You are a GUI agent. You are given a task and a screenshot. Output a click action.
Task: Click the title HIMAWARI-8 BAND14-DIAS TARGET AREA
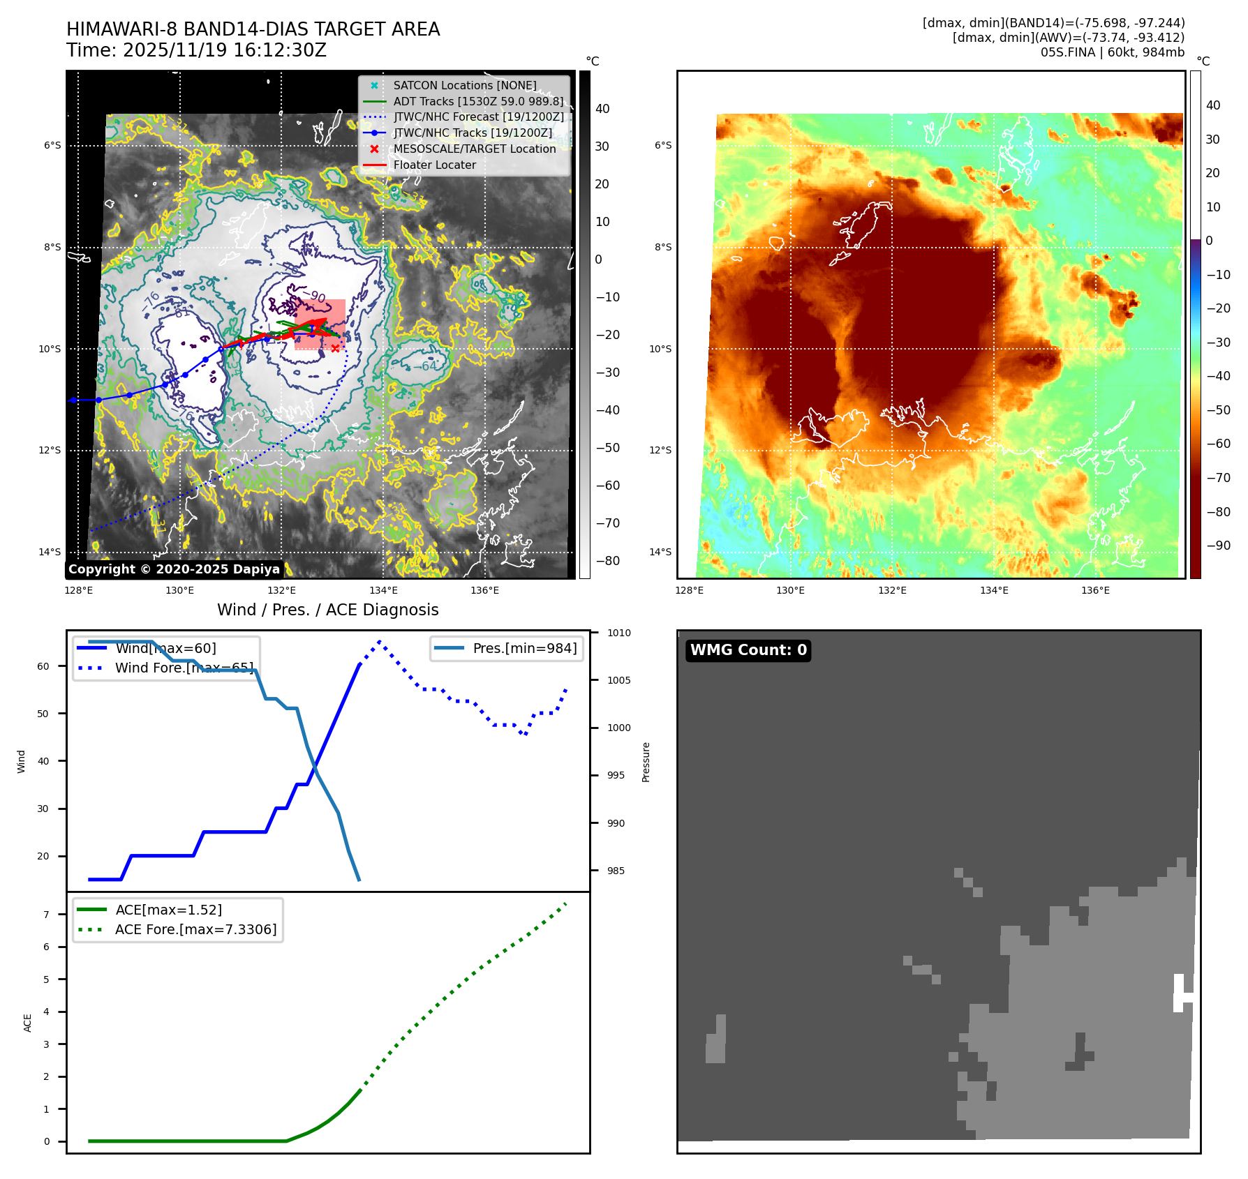pyautogui.click(x=253, y=29)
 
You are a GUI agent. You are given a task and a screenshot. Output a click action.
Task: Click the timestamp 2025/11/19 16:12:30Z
pyautogui.click(x=224, y=50)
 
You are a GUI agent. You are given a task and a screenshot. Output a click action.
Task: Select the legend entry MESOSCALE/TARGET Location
pyautogui.click(x=474, y=149)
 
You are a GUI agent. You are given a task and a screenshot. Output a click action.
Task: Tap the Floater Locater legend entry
pyautogui.click(x=434, y=165)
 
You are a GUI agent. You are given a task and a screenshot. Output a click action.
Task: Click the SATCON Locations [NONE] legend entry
pyautogui.click(x=464, y=85)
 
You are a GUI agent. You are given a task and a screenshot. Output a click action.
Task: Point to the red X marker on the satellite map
pyautogui.click(x=335, y=348)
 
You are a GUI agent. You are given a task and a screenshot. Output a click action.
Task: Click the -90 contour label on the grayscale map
pyautogui.click(x=318, y=296)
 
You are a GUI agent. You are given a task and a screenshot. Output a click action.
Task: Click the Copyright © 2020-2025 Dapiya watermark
pyautogui.click(x=174, y=569)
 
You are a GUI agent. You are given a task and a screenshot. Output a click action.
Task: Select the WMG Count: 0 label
pyautogui.click(x=748, y=650)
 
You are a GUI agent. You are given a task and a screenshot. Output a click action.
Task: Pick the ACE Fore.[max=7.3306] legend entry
pyautogui.click(x=195, y=929)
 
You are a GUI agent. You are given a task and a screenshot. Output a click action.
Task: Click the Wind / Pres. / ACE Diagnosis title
pyautogui.click(x=327, y=610)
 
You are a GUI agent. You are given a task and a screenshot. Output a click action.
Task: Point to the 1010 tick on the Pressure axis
pyautogui.click(x=618, y=633)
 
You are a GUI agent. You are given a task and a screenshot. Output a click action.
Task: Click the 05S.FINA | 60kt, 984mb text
pyautogui.click(x=1113, y=52)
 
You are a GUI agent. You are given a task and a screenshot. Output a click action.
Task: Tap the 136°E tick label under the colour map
pyautogui.click(x=1095, y=590)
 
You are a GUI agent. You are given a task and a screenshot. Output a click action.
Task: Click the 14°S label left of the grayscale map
pyautogui.click(x=50, y=552)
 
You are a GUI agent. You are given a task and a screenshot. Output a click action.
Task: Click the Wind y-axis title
pyautogui.click(x=21, y=761)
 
